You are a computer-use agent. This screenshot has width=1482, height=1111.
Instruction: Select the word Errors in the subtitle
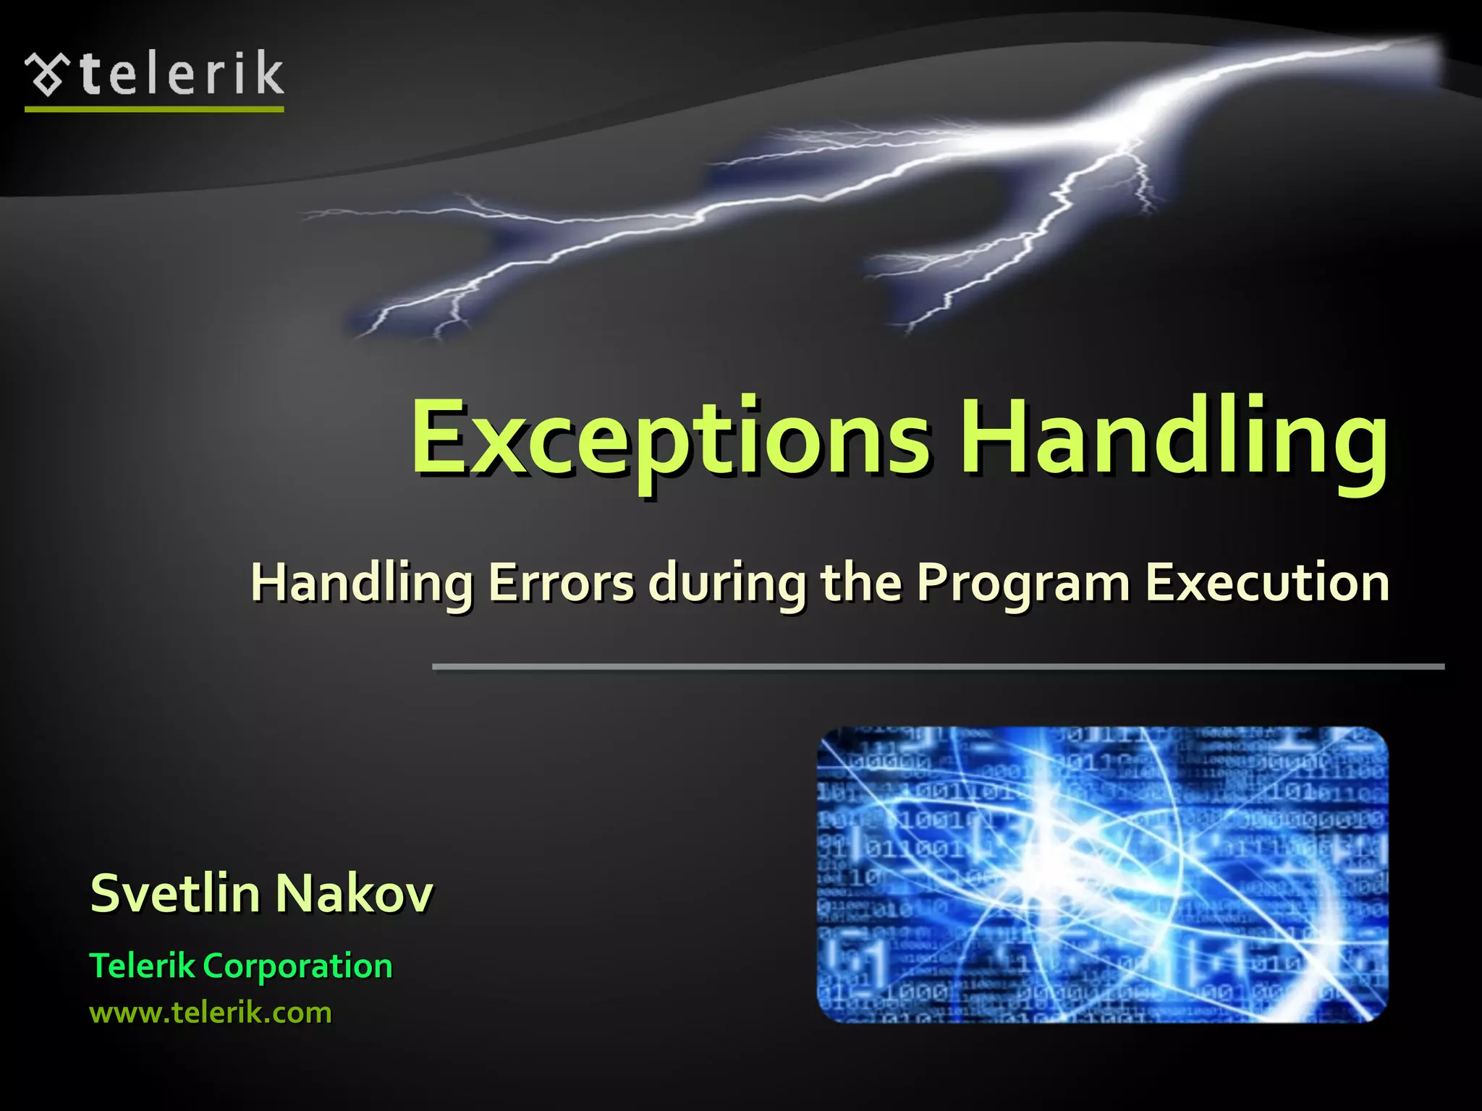coord(561,582)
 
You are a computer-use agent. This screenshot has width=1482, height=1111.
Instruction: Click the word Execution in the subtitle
coord(1266,582)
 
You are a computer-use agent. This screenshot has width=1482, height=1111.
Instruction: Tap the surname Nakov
coord(354,894)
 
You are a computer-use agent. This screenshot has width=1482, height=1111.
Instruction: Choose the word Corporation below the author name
coord(297,966)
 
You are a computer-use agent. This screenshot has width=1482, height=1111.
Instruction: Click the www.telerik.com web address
coord(211,1013)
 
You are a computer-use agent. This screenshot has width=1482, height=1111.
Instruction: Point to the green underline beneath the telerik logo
coord(154,109)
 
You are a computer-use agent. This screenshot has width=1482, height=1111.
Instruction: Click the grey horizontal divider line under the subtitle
coord(938,666)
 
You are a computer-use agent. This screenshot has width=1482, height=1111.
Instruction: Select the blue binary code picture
coord(1102,874)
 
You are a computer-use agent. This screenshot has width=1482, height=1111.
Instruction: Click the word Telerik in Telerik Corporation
coord(142,966)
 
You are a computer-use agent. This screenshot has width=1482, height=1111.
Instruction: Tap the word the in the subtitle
coord(862,582)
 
